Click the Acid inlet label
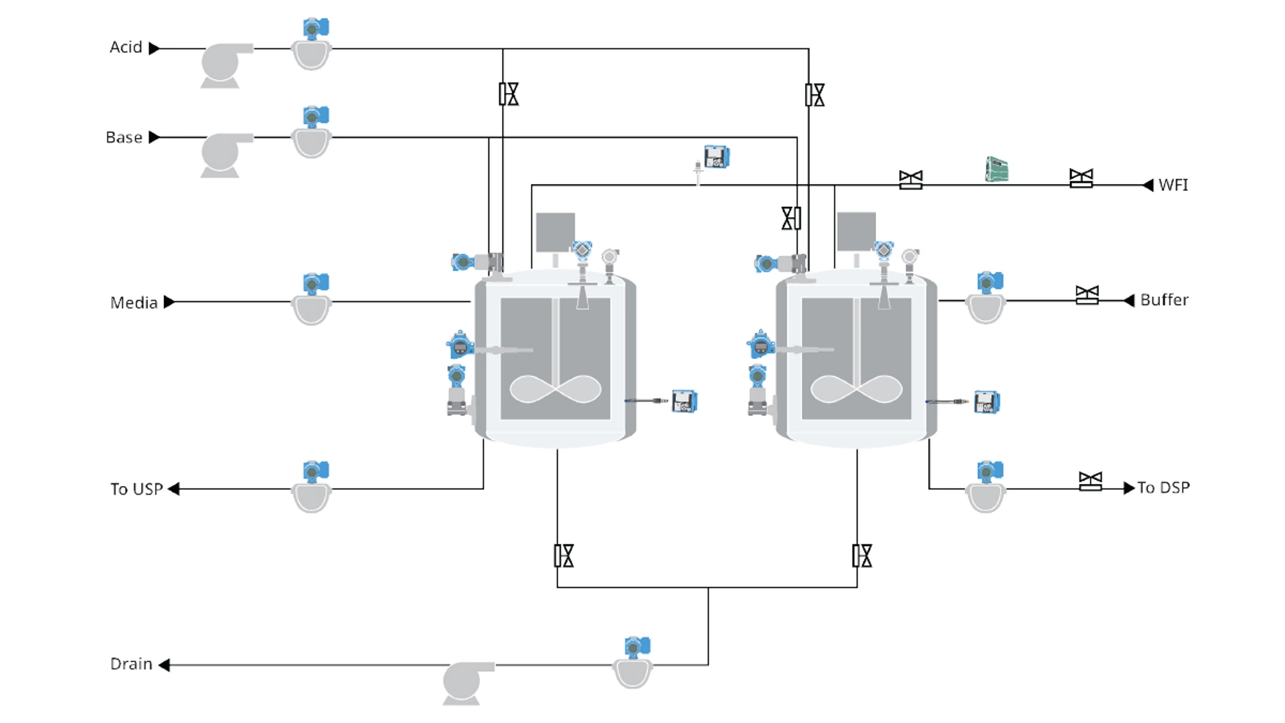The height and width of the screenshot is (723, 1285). click(x=126, y=48)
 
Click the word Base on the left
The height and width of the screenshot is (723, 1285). click(x=124, y=137)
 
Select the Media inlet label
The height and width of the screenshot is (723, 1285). click(x=134, y=303)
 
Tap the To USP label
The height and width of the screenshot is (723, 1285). click(x=137, y=489)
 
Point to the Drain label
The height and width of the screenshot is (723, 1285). click(x=131, y=664)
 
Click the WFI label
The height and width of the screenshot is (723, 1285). click(x=1173, y=185)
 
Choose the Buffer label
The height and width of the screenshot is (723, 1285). click(x=1165, y=300)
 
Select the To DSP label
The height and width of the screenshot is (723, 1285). click(x=1163, y=487)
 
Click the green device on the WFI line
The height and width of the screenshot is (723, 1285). click(x=997, y=169)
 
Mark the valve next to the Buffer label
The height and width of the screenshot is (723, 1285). click(x=1087, y=295)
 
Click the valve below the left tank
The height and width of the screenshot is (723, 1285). click(x=564, y=556)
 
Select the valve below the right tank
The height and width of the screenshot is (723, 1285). click(x=862, y=556)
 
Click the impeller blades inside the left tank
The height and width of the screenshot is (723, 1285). click(x=555, y=389)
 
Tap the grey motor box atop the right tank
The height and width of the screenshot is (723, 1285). click(x=856, y=232)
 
